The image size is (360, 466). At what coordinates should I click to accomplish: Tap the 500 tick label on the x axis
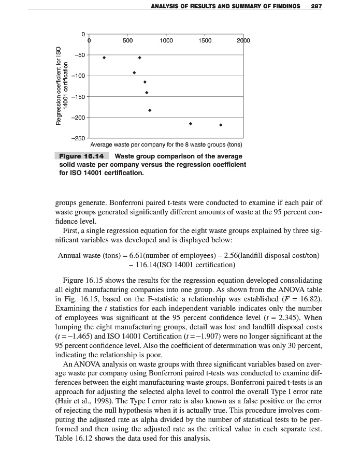pos(128,40)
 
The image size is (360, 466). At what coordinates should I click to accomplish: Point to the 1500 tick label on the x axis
pos(205,40)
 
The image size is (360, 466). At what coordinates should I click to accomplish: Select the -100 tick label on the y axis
pos(78,76)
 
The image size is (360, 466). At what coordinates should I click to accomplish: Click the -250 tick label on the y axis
pos(78,138)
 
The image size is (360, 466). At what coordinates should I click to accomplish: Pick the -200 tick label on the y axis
pos(78,118)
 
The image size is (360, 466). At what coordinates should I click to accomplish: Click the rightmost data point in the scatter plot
pos(221,125)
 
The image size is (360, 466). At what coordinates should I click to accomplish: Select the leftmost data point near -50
pos(104,57)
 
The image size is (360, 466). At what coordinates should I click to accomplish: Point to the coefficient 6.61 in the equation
pos(132,255)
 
